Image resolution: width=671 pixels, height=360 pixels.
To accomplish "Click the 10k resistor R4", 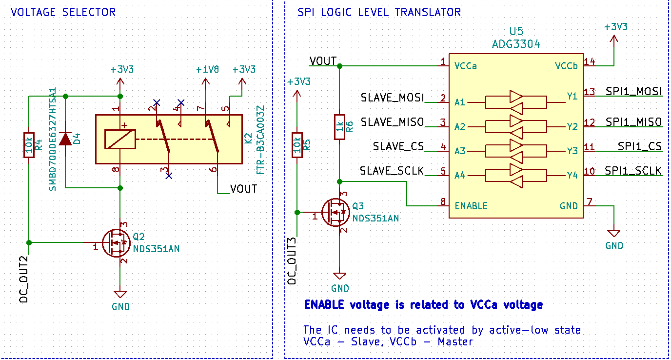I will click(29, 145).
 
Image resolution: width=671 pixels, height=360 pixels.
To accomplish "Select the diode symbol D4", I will click(65, 139).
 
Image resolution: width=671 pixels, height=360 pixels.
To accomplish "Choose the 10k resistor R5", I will click(297, 145).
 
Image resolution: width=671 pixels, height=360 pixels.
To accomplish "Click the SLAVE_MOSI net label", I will click(392, 97).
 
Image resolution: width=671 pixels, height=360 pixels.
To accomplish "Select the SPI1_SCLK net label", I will click(633, 171).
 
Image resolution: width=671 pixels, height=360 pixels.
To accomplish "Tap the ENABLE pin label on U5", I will click(471, 206).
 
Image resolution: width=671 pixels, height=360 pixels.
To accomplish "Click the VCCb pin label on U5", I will click(566, 66).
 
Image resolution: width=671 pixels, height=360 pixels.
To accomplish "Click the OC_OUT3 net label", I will click(292, 261).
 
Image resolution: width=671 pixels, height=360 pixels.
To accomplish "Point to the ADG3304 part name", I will click(516, 44).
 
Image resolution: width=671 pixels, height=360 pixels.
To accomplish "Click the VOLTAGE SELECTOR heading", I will click(63, 12).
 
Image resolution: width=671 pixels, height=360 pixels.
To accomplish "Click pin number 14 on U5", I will click(589, 61).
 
